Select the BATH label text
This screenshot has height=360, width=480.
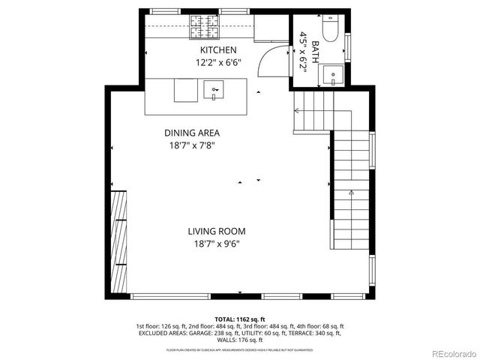316,51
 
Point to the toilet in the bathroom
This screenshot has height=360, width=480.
331,30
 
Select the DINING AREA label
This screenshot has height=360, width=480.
192,133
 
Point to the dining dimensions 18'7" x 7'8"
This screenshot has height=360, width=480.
192,146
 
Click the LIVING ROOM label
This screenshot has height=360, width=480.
216,232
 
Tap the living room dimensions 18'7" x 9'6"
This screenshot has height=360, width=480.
216,244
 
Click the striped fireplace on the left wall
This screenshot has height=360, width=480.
118,231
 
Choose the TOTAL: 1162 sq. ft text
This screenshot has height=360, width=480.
239,319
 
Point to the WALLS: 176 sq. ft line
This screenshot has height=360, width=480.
239,341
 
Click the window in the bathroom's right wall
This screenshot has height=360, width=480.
347,46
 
